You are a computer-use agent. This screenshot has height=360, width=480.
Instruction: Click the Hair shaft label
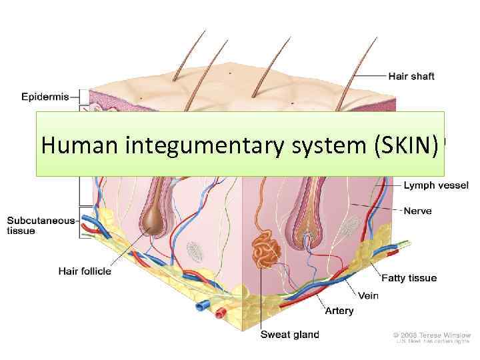(411, 77)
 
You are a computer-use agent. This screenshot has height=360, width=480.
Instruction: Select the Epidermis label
(45, 97)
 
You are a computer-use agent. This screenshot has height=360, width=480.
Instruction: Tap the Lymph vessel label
(435, 185)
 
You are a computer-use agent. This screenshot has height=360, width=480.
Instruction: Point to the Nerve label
(417, 211)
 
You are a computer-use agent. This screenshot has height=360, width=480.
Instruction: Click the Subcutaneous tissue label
(41, 226)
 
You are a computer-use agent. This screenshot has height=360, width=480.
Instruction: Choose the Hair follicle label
(85, 271)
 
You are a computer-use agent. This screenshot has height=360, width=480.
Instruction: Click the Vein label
(369, 295)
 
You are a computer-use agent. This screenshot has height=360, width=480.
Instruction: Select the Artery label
(339, 311)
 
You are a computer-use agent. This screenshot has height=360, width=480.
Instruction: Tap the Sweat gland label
(289, 335)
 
